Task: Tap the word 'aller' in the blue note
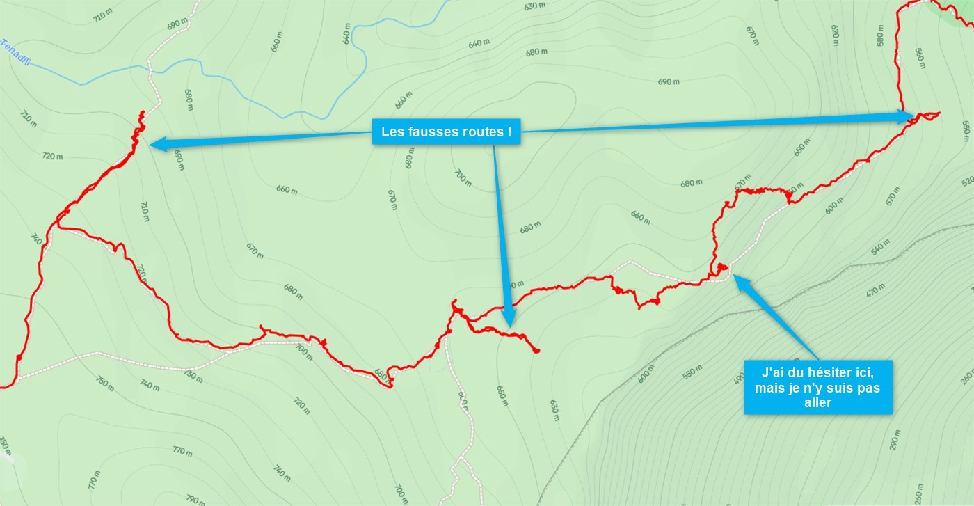tap(817, 402)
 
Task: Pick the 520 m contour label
tap(966, 181)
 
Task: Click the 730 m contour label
tap(192, 376)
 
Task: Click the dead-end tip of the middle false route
tap(537, 351)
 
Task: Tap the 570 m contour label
tap(894, 198)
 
